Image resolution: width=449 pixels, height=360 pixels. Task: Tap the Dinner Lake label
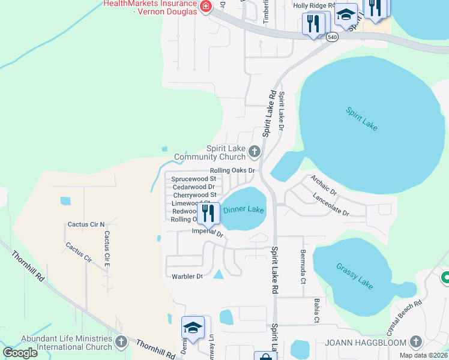tap(244, 210)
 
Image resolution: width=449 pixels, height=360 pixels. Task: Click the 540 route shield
tap(332, 37)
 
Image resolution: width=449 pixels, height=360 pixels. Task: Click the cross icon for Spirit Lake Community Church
tap(255, 152)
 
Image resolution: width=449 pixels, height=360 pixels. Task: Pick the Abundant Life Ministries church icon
tap(121, 342)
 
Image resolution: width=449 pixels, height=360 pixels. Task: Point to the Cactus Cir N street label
tap(86, 224)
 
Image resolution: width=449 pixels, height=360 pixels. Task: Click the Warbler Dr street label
tap(188, 277)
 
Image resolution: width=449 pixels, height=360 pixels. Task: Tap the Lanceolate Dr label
tap(330, 204)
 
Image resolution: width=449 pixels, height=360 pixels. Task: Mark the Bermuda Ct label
tap(303, 259)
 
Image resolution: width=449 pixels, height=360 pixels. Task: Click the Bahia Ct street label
tap(316, 310)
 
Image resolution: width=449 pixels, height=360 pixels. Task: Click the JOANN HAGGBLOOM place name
tap(366, 343)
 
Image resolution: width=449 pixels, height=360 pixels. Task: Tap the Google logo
tap(20, 353)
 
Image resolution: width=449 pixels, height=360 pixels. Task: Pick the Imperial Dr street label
tap(207, 232)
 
